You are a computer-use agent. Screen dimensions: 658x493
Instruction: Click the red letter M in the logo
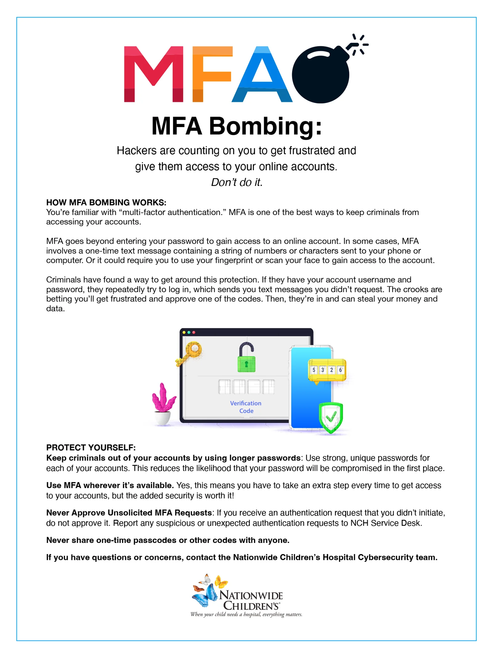pos(153,74)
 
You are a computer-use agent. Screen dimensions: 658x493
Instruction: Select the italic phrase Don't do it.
pos(237,182)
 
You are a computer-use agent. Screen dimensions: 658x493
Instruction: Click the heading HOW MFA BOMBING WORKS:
pos(106,202)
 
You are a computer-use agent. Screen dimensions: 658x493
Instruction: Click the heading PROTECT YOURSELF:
pos(91,447)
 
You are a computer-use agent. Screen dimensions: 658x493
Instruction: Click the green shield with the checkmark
pos(331,417)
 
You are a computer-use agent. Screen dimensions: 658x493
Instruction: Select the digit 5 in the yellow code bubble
pos(314,370)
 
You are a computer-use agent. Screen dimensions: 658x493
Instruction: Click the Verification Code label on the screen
pos(246,407)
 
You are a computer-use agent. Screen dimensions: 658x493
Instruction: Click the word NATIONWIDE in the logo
pos(251,595)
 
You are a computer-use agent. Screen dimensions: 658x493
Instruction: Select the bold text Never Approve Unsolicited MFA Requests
pos(129,513)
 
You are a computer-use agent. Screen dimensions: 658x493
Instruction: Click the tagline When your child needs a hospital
pos(246,615)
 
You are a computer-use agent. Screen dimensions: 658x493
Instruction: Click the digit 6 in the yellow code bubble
pos(340,370)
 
